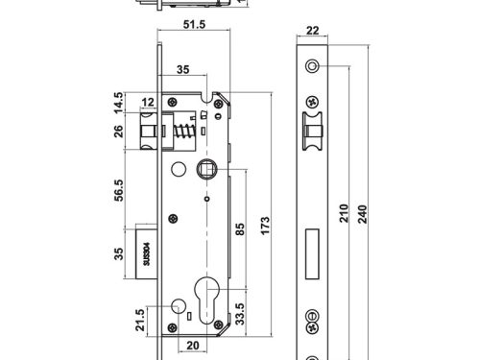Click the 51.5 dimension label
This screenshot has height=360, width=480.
point(194,24)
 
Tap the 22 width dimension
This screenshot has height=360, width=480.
point(313,31)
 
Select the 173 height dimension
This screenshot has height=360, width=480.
point(265,226)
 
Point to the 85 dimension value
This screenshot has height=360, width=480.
point(240,229)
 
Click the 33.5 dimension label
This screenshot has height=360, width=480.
point(240,314)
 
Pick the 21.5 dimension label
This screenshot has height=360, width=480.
point(140,320)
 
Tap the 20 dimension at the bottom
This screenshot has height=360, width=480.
point(193,346)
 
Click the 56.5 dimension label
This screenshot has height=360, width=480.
point(119,190)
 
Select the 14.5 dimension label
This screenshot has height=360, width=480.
point(119,103)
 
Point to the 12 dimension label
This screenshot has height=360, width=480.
point(148,103)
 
